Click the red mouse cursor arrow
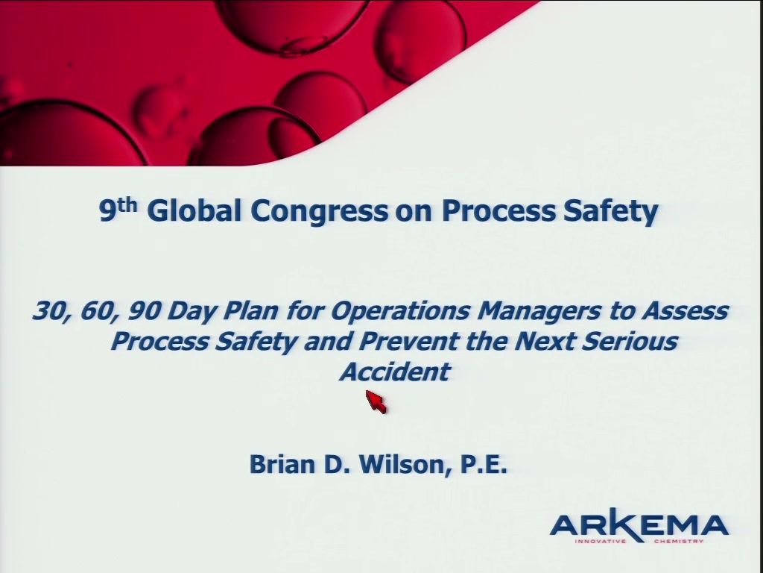tap(376, 401)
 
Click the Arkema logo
tap(639, 526)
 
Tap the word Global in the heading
tap(194, 210)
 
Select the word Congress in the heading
tap(319, 211)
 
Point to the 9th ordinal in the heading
tap(118, 210)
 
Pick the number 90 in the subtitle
tap(144, 311)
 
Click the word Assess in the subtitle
tap(686, 311)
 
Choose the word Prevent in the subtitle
tap(409, 341)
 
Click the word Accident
tap(395, 372)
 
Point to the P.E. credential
tap(483, 464)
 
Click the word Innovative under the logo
tap(600, 541)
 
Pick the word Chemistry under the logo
tap(679, 541)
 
